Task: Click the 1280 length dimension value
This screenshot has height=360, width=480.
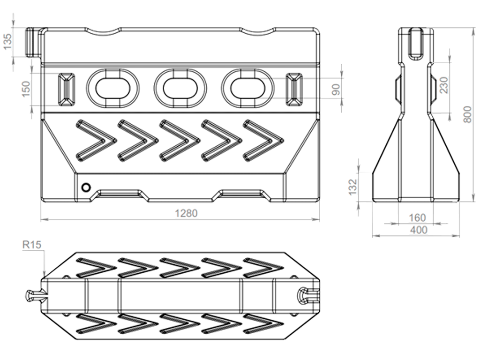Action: click(x=186, y=213)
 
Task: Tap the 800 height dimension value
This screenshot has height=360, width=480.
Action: click(x=467, y=114)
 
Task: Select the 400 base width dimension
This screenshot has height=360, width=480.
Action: click(x=418, y=230)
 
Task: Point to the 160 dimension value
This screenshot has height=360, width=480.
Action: click(x=417, y=217)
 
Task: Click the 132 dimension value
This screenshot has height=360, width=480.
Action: click(x=352, y=187)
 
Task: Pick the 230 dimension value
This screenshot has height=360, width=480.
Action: click(x=443, y=85)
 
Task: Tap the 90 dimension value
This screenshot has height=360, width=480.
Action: click(x=336, y=90)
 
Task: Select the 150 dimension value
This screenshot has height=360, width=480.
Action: click(x=26, y=89)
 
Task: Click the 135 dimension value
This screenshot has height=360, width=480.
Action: click(x=7, y=41)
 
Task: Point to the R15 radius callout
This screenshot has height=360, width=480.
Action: click(x=32, y=245)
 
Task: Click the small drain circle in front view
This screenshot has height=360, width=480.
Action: click(x=86, y=187)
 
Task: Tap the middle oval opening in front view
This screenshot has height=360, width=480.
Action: click(x=180, y=89)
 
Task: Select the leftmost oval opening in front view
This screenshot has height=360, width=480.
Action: click(x=113, y=89)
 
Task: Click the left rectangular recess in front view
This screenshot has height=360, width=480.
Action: click(x=67, y=90)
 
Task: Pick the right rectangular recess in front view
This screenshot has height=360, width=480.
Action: click(x=294, y=90)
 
